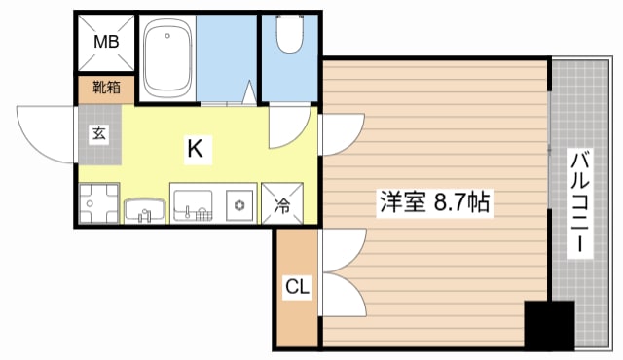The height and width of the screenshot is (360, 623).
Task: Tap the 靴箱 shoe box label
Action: (107, 89)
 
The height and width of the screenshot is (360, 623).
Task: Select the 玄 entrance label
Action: (100, 134)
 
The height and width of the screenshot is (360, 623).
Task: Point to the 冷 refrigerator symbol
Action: (281, 205)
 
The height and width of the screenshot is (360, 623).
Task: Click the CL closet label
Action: (297, 287)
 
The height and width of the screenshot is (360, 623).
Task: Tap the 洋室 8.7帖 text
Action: (434, 204)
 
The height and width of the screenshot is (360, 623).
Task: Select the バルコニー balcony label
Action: (580, 202)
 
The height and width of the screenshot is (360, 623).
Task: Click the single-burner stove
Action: (238, 205)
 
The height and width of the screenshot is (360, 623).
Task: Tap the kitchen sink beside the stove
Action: (193, 205)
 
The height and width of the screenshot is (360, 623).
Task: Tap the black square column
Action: (549, 325)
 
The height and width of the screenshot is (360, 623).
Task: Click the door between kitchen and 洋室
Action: (338, 136)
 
